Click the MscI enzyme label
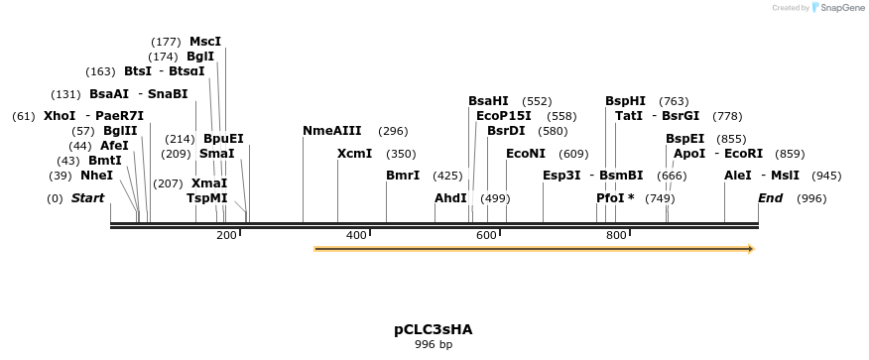click(205, 42)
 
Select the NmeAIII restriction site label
click(331, 131)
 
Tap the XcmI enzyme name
click(354, 154)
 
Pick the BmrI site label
click(403, 176)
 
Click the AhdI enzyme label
click(450, 198)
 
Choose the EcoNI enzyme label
click(526, 154)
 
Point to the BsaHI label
click(488, 101)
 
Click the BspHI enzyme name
click(625, 101)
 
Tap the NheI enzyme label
click(97, 176)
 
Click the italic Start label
click(87, 198)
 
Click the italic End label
click(770, 198)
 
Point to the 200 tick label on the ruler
click(226, 236)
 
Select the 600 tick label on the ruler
click(486, 236)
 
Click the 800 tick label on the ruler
click(616, 236)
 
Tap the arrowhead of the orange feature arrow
click(750, 249)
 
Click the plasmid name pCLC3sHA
click(433, 329)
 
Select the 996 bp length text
click(433, 345)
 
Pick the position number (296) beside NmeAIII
click(393, 131)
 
